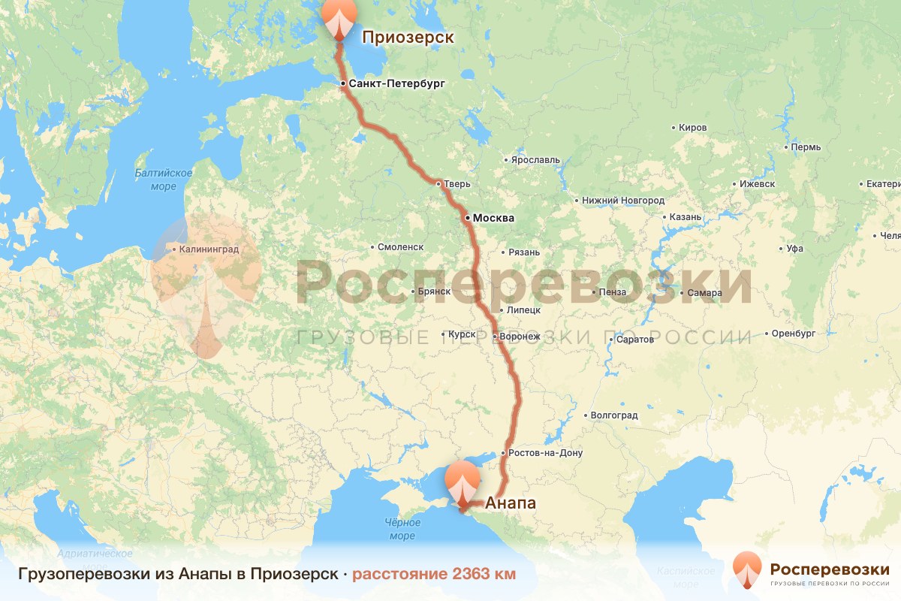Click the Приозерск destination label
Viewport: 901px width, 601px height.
pos(408,38)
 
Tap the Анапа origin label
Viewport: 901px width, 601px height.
pos(511,503)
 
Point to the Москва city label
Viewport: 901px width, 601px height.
pos(493,219)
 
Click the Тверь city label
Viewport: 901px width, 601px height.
pos(457,183)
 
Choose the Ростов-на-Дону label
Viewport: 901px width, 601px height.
pos(545,453)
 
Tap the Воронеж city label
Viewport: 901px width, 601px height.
pos(521,337)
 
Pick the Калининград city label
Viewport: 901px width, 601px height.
pos(209,249)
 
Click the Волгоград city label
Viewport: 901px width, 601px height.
pos(614,415)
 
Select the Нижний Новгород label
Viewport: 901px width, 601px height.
pos(622,201)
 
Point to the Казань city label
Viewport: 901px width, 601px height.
pos(686,217)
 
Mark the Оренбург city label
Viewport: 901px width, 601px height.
pos(794,333)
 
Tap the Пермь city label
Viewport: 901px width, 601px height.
pos(809,147)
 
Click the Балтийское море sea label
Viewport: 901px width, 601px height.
pos(164,180)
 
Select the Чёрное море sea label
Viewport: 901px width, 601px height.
pos(402,529)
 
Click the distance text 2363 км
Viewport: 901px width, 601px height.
pos(434,574)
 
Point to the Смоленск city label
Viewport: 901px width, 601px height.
pos(401,247)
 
